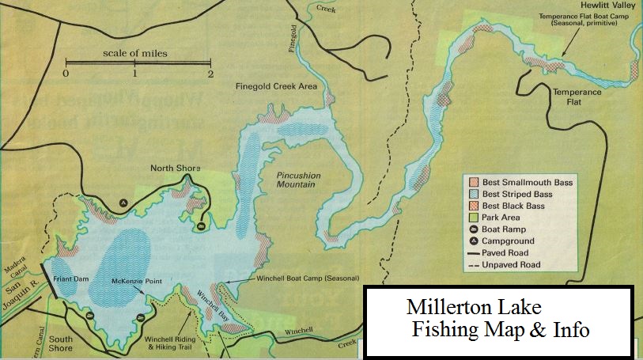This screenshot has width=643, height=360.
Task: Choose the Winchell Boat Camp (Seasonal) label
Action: click(308, 279)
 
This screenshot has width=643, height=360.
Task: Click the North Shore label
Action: click(176, 169)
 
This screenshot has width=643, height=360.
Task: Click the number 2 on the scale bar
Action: click(210, 74)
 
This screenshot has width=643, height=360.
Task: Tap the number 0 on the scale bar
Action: click(66, 74)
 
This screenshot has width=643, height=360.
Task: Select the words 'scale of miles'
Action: click(135, 54)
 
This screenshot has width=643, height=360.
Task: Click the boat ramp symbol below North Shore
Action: click(202, 227)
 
